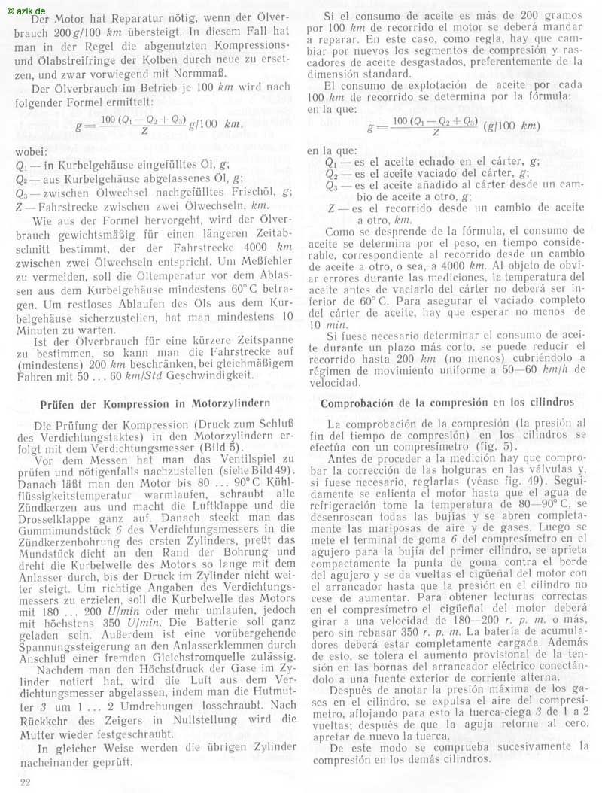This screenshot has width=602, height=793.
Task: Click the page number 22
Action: [x=25, y=783]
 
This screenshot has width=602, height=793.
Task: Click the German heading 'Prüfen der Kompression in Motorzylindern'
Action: [x=154, y=403]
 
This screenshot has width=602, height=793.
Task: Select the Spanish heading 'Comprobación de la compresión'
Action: [x=447, y=403]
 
